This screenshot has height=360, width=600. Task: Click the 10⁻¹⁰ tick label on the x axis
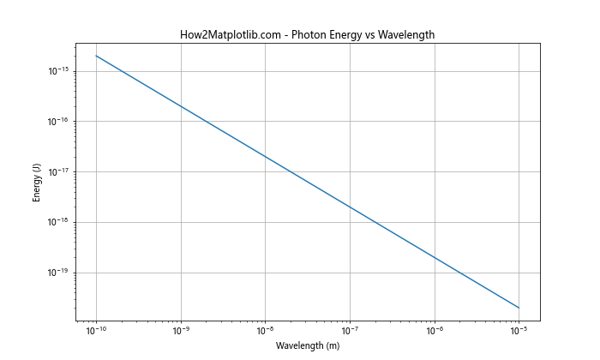[x=96, y=330]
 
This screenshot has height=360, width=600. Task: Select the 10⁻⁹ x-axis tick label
[x=181, y=330]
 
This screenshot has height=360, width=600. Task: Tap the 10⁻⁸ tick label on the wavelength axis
[x=266, y=330]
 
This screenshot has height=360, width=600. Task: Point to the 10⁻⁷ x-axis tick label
[x=350, y=330]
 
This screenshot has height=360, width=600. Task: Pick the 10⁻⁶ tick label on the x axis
[x=435, y=330]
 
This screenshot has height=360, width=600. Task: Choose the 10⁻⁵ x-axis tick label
[x=519, y=330]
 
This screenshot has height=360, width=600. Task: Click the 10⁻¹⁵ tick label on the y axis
[x=57, y=70]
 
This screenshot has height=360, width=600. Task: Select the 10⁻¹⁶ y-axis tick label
[x=57, y=121]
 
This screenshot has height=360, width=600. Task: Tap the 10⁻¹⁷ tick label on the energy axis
[x=57, y=171]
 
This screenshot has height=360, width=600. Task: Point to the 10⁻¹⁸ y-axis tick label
[x=57, y=222]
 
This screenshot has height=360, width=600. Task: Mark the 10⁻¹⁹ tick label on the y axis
[x=57, y=273]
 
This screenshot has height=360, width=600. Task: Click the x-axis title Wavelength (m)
[x=307, y=345]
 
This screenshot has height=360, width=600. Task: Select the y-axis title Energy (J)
[x=37, y=183]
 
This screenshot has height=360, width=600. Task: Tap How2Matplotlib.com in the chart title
[x=226, y=34]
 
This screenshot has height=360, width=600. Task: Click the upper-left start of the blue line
[x=96, y=56]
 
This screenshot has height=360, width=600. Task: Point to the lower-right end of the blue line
[x=519, y=308]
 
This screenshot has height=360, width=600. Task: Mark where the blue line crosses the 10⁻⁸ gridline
[x=266, y=157]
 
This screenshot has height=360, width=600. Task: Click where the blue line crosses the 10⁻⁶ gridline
[x=435, y=257]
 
